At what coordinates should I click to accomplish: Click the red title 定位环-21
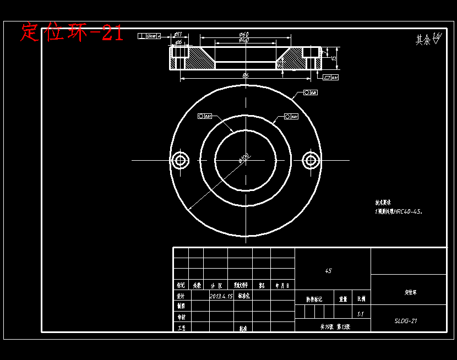click(72, 32)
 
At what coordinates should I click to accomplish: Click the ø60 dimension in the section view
click(244, 35)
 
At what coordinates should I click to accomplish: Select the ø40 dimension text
click(244, 41)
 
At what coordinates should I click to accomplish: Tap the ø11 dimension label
click(178, 35)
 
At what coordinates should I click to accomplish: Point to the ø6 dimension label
click(178, 42)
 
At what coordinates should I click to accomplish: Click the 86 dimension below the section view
click(245, 75)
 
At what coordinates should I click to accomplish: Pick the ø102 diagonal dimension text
click(244, 159)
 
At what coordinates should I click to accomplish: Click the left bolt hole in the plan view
click(179, 160)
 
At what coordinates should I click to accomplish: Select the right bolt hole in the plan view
click(311, 160)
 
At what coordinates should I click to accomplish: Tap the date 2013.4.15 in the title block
click(221, 296)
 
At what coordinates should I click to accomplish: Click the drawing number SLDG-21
click(406, 321)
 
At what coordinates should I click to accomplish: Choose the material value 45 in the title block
click(328, 271)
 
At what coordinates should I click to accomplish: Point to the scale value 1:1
click(360, 314)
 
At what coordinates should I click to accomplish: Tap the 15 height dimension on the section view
click(334, 53)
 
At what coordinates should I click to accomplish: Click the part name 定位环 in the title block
click(410, 292)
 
